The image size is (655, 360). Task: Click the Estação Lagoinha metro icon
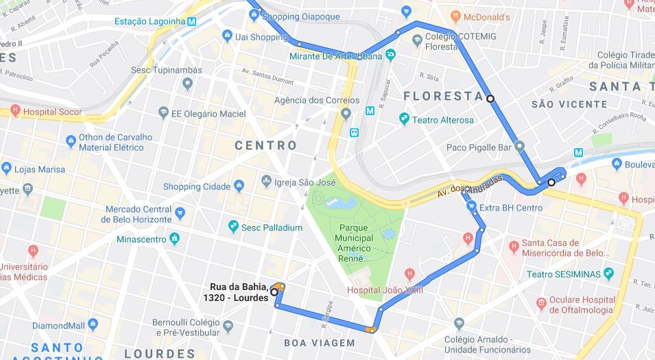(191, 21)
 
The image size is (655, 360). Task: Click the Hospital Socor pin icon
(15, 111)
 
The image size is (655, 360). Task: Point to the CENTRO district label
(266, 145)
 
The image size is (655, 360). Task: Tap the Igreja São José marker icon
(266, 182)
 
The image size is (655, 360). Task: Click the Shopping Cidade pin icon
(239, 186)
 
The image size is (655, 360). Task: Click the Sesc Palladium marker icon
(233, 227)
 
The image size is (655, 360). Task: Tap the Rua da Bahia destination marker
(274, 291)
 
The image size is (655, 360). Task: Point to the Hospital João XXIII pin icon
(409, 274)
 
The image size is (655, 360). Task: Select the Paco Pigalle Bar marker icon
(520, 146)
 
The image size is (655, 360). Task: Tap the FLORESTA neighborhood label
(443, 96)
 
